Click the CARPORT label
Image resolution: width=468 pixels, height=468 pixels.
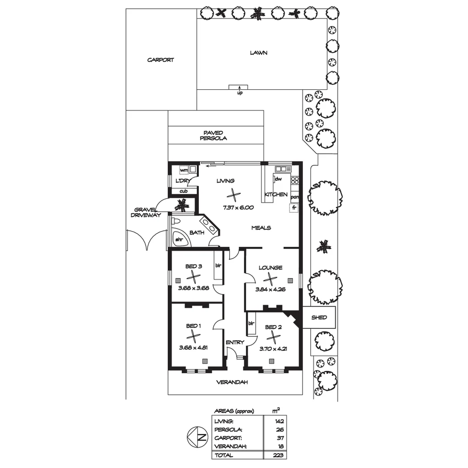coord(160,60)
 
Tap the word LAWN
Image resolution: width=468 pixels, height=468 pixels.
coord(259,53)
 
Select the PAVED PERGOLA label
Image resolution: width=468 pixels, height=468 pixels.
coord(213,136)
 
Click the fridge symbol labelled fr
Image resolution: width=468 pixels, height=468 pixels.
coord(294,208)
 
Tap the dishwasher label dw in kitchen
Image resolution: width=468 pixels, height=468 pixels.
coord(279,179)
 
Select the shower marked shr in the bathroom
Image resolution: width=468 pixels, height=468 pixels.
coord(179,239)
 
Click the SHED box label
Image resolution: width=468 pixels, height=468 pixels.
coord(319,318)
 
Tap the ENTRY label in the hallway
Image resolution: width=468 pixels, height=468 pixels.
coord(235,342)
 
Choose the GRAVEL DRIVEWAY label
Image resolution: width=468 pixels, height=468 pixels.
coord(146,211)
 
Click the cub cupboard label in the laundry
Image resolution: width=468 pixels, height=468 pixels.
coord(183,191)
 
